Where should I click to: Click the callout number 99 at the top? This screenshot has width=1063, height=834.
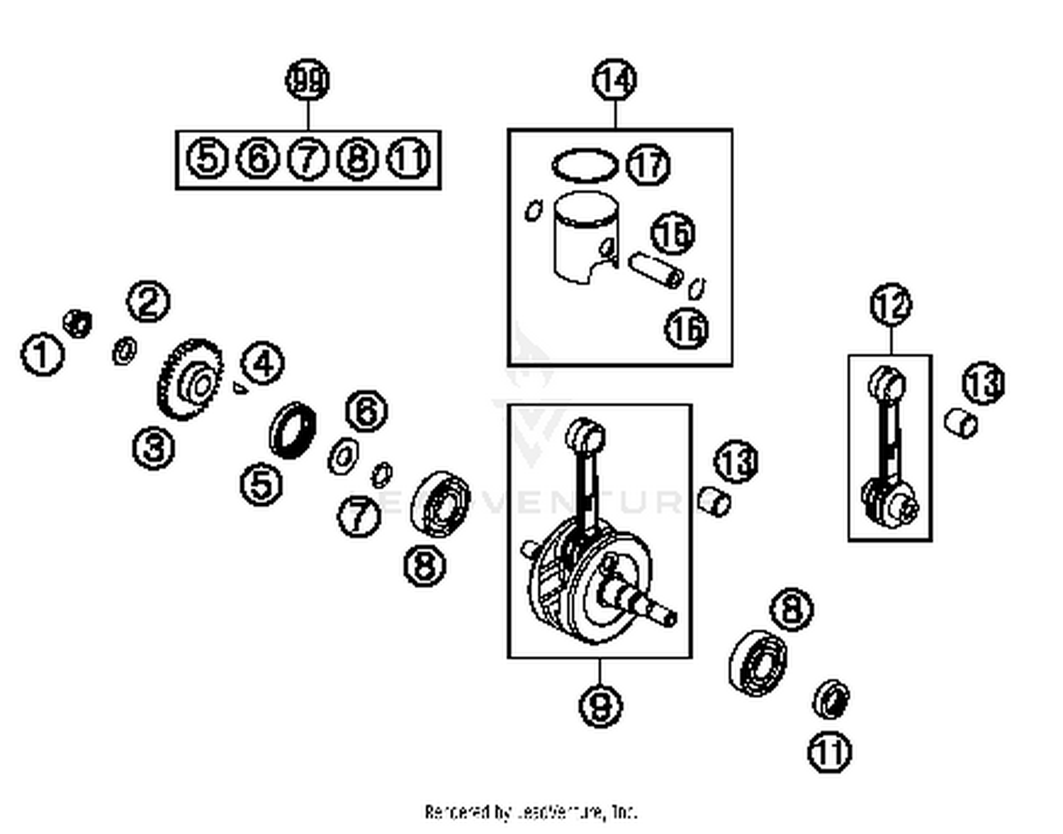[x=308, y=81]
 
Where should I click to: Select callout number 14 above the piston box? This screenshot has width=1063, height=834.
[x=614, y=80]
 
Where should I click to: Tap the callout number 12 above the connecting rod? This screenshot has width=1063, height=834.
[x=891, y=305]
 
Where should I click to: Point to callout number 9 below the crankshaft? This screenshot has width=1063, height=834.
[x=601, y=705]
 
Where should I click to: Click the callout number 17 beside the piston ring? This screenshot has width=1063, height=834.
[x=648, y=164]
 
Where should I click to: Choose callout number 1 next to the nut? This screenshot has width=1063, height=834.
[x=42, y=354]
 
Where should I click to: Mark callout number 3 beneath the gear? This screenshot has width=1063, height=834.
[x=154, y=448]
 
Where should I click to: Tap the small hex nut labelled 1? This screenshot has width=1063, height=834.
[x=77, y=323]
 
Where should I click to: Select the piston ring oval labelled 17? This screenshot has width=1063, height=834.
[x=584, y=166]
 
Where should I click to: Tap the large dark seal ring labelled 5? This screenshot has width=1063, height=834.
[x=292, y=430]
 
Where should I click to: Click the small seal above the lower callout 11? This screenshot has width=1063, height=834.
[x=831, y=699]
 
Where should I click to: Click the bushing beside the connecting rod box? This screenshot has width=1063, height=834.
[x=961, y=424]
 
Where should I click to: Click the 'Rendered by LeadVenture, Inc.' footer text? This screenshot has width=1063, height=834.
[x=531, y=811]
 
